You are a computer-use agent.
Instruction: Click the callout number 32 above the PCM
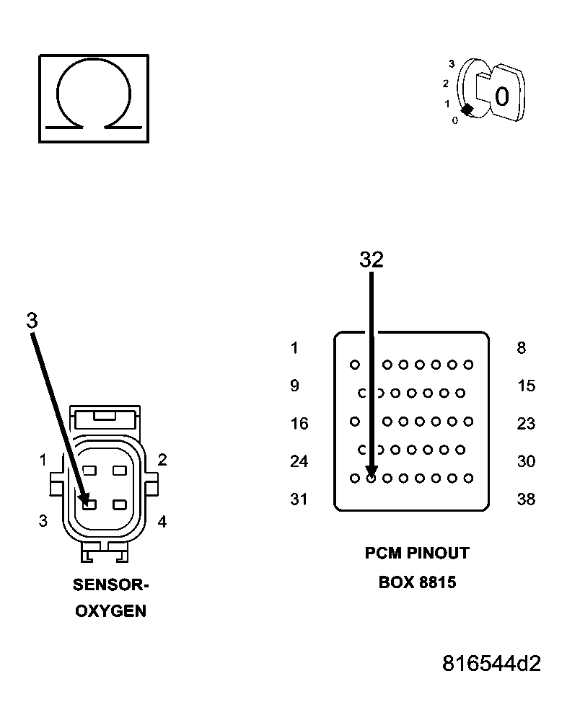tap(371, 260)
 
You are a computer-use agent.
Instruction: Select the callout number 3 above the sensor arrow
tap(32, 321)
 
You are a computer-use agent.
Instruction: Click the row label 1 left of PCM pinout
tap(294, 349)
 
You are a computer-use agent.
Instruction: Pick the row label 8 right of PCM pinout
tap(522, 349)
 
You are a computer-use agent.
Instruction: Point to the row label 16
tap(299, 424)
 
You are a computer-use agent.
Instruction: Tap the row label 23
tap(526, 424)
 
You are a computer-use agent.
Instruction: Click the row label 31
tap(299, 499)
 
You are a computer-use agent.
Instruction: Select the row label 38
tap(526, 499)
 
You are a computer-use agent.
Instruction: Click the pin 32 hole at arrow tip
tap(371, 478)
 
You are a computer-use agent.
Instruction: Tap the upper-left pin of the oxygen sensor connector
tap(90, 470)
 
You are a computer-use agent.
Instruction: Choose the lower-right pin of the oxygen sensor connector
tap(120, 504)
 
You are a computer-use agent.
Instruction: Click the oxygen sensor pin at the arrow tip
tap(89, 504)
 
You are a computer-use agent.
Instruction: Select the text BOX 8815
tap(417, 582)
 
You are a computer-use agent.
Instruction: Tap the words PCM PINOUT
tap(417, 553)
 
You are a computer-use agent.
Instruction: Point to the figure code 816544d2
tap(491, 663)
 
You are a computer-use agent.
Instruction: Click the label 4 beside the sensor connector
tap(162, 522)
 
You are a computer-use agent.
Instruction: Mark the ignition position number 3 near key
tap(451, 63)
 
